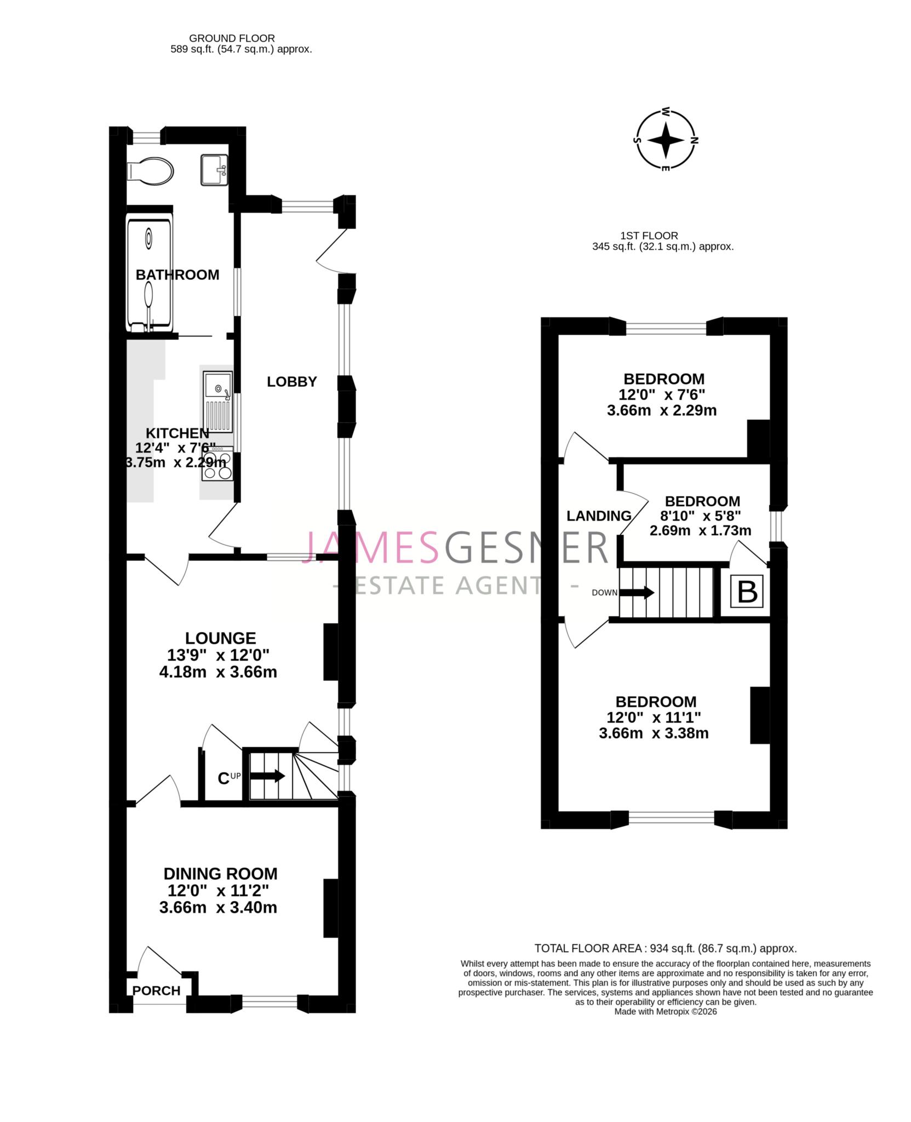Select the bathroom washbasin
tap(214, 170)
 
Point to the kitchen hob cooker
tap(218, 463)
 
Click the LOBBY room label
tap(292, 381)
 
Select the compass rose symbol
tap(666, 140)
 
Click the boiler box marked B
tap(748, 592)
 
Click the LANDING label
tap(599, 516)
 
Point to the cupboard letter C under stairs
tap(223, 778)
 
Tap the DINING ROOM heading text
tap(220, 873)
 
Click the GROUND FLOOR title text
tap(232, 38)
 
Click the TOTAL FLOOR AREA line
tap(665, 948)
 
